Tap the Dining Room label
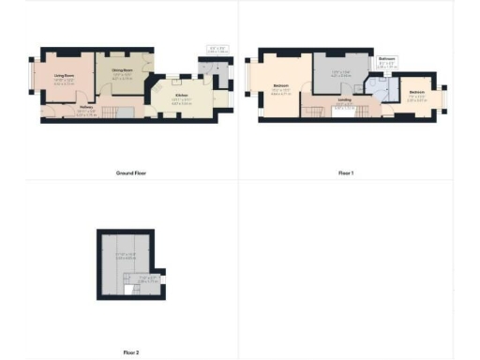tap(123, 70)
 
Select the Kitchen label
tap(181, 95)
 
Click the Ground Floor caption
tap(131, 173)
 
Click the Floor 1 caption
tap(346, 173)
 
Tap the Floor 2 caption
tap(131, 352)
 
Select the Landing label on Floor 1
tap(345, 99)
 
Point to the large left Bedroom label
tap(280, 86)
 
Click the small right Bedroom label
tap(417, 92)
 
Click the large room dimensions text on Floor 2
tap(126, 256)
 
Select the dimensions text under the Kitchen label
tap(181, 101)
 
